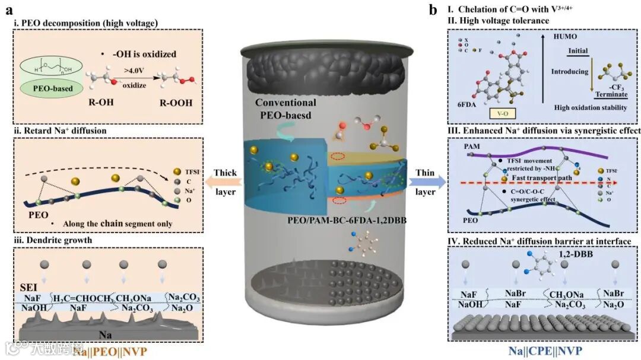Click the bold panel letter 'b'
pyautogui.click(x=434, y=9)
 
